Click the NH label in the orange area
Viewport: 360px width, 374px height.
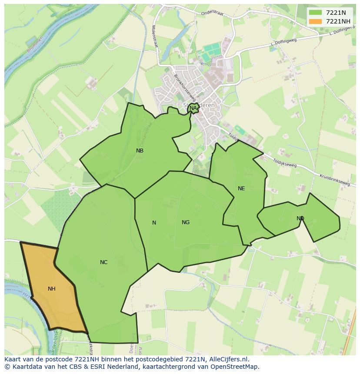pos(51,288)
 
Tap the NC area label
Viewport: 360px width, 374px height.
pos(103,262)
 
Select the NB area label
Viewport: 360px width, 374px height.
pos(140,151)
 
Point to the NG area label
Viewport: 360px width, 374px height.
pos(186,222)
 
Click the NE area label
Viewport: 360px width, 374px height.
pos(241,188)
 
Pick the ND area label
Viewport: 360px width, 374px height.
pos(300,218)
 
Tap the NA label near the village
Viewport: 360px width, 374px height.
pos(193,108)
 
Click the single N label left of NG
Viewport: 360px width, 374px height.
pos(154,222)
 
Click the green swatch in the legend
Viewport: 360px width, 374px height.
pos(316,13)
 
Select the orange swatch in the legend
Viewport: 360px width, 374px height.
pos(316,21)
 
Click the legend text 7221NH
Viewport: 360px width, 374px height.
pos(338,21)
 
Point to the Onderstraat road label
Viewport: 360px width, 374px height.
pos(212,13)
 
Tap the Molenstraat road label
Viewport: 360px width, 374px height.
pos(154,36)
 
